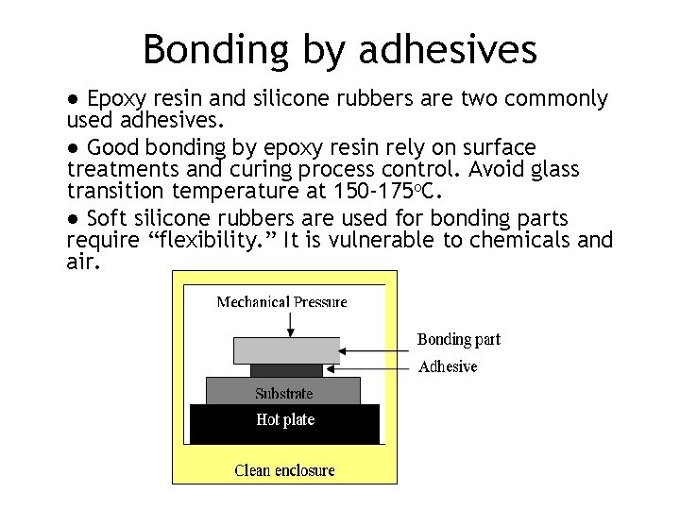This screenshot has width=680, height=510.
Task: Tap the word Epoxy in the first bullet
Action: coord(115,99)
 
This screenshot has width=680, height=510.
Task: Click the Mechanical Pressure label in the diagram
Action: coord(281,302)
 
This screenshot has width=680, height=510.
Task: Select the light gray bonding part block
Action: coord(286,350)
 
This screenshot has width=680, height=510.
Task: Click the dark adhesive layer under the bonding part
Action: coord(286,370)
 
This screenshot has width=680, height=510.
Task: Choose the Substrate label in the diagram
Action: coord(283,393)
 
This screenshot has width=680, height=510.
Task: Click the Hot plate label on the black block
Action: coord(285,420)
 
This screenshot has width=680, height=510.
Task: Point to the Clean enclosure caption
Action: coord(284,469)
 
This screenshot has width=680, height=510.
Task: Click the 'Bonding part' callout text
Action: coord(459,339)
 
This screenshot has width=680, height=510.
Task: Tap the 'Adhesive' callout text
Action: coord(448,366)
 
